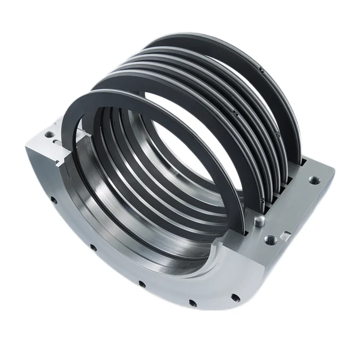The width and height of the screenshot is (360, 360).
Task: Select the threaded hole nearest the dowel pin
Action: [270, 240]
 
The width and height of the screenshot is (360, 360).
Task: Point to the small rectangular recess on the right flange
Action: [285, 233]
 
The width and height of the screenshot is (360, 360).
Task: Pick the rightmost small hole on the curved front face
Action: [236, 298]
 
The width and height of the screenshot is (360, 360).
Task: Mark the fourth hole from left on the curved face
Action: [191, 302]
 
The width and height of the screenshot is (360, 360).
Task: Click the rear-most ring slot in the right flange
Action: [305, 162]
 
